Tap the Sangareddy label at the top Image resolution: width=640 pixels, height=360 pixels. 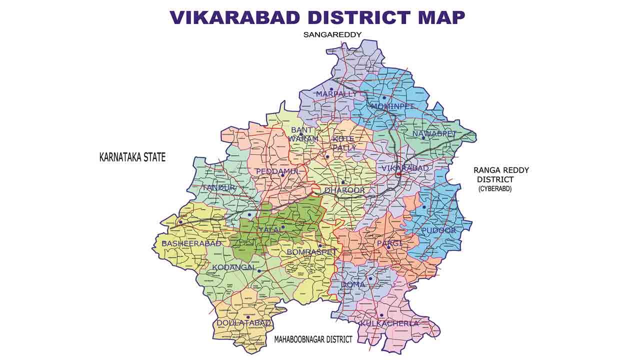332,34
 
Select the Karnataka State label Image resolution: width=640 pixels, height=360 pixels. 132,157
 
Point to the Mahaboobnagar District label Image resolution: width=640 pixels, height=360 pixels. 313,339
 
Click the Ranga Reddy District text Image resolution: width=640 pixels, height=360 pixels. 501,174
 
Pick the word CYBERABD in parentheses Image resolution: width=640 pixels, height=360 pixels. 495,188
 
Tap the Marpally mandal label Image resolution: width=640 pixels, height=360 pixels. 336,94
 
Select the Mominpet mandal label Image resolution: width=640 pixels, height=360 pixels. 392,106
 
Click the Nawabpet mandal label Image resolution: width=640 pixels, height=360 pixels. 434,133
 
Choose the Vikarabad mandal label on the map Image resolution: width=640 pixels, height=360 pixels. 405,168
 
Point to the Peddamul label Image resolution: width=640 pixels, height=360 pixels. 278,171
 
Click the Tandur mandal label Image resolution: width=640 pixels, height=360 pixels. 218,187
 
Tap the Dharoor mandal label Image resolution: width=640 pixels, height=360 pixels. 344,190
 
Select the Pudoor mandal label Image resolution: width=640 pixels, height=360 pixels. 438,230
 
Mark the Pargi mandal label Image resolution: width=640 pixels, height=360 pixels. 389,242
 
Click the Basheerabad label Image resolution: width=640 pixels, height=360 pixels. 191,243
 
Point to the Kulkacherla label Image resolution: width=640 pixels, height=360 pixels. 388,323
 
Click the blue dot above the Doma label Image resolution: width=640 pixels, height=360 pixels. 370,278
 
